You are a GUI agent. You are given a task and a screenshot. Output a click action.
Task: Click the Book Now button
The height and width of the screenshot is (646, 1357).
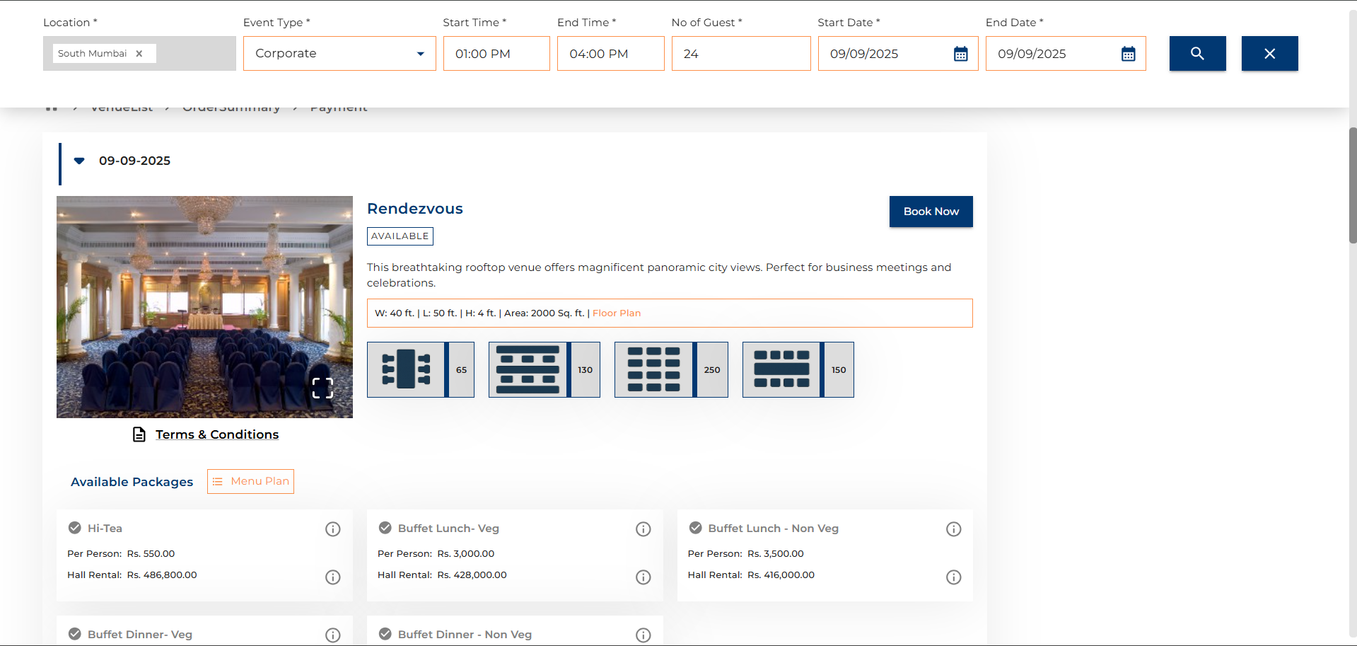[x=931, y=212]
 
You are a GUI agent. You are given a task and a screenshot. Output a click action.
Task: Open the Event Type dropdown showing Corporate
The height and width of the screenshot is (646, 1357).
[x=339, y=54]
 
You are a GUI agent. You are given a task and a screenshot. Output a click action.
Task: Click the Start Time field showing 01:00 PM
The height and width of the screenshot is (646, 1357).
[x=496, y=54]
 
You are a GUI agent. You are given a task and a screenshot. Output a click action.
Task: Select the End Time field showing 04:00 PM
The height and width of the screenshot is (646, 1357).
[x=610, y=54]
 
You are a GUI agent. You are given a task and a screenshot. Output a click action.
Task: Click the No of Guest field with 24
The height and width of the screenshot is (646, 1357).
[x=740, y=54]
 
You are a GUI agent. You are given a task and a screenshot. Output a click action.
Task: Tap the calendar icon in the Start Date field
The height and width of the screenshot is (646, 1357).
[x=960, y=54]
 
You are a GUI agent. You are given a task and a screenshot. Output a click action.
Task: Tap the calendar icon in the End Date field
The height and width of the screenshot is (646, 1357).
[x=1128, y=54]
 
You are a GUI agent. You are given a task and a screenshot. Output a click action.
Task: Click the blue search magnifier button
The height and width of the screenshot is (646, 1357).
[x=1197, y=54]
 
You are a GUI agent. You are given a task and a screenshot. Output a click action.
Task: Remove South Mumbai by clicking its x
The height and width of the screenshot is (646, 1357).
[x=139, y=54]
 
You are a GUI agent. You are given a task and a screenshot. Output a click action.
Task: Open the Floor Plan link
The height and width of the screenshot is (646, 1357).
[x=617, y=313]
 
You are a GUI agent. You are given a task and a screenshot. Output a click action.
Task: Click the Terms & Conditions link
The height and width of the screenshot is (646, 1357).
[x=216, y=434]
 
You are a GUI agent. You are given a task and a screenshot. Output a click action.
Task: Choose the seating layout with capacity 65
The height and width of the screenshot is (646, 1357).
[x=420, y=369]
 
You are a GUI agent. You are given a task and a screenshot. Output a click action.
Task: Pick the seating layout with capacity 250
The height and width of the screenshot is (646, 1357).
[x=670, y=369]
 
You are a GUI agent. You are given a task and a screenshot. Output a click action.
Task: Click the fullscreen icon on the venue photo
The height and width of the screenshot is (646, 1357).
[x=322, y=388]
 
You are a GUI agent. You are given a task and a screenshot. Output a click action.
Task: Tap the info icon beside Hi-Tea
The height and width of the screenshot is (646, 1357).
[x=332, y=529]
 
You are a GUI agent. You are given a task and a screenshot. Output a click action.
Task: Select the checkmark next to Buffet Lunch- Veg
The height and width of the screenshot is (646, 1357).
[x=385, y=528]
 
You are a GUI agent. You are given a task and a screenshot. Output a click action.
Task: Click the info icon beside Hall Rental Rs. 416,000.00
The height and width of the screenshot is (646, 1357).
[x=953, y=577]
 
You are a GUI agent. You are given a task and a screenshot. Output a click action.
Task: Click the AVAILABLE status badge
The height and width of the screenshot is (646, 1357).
[x=400, y=236]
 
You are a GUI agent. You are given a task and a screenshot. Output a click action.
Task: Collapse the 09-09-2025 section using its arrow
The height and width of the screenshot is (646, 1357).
[x=79, y=161]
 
